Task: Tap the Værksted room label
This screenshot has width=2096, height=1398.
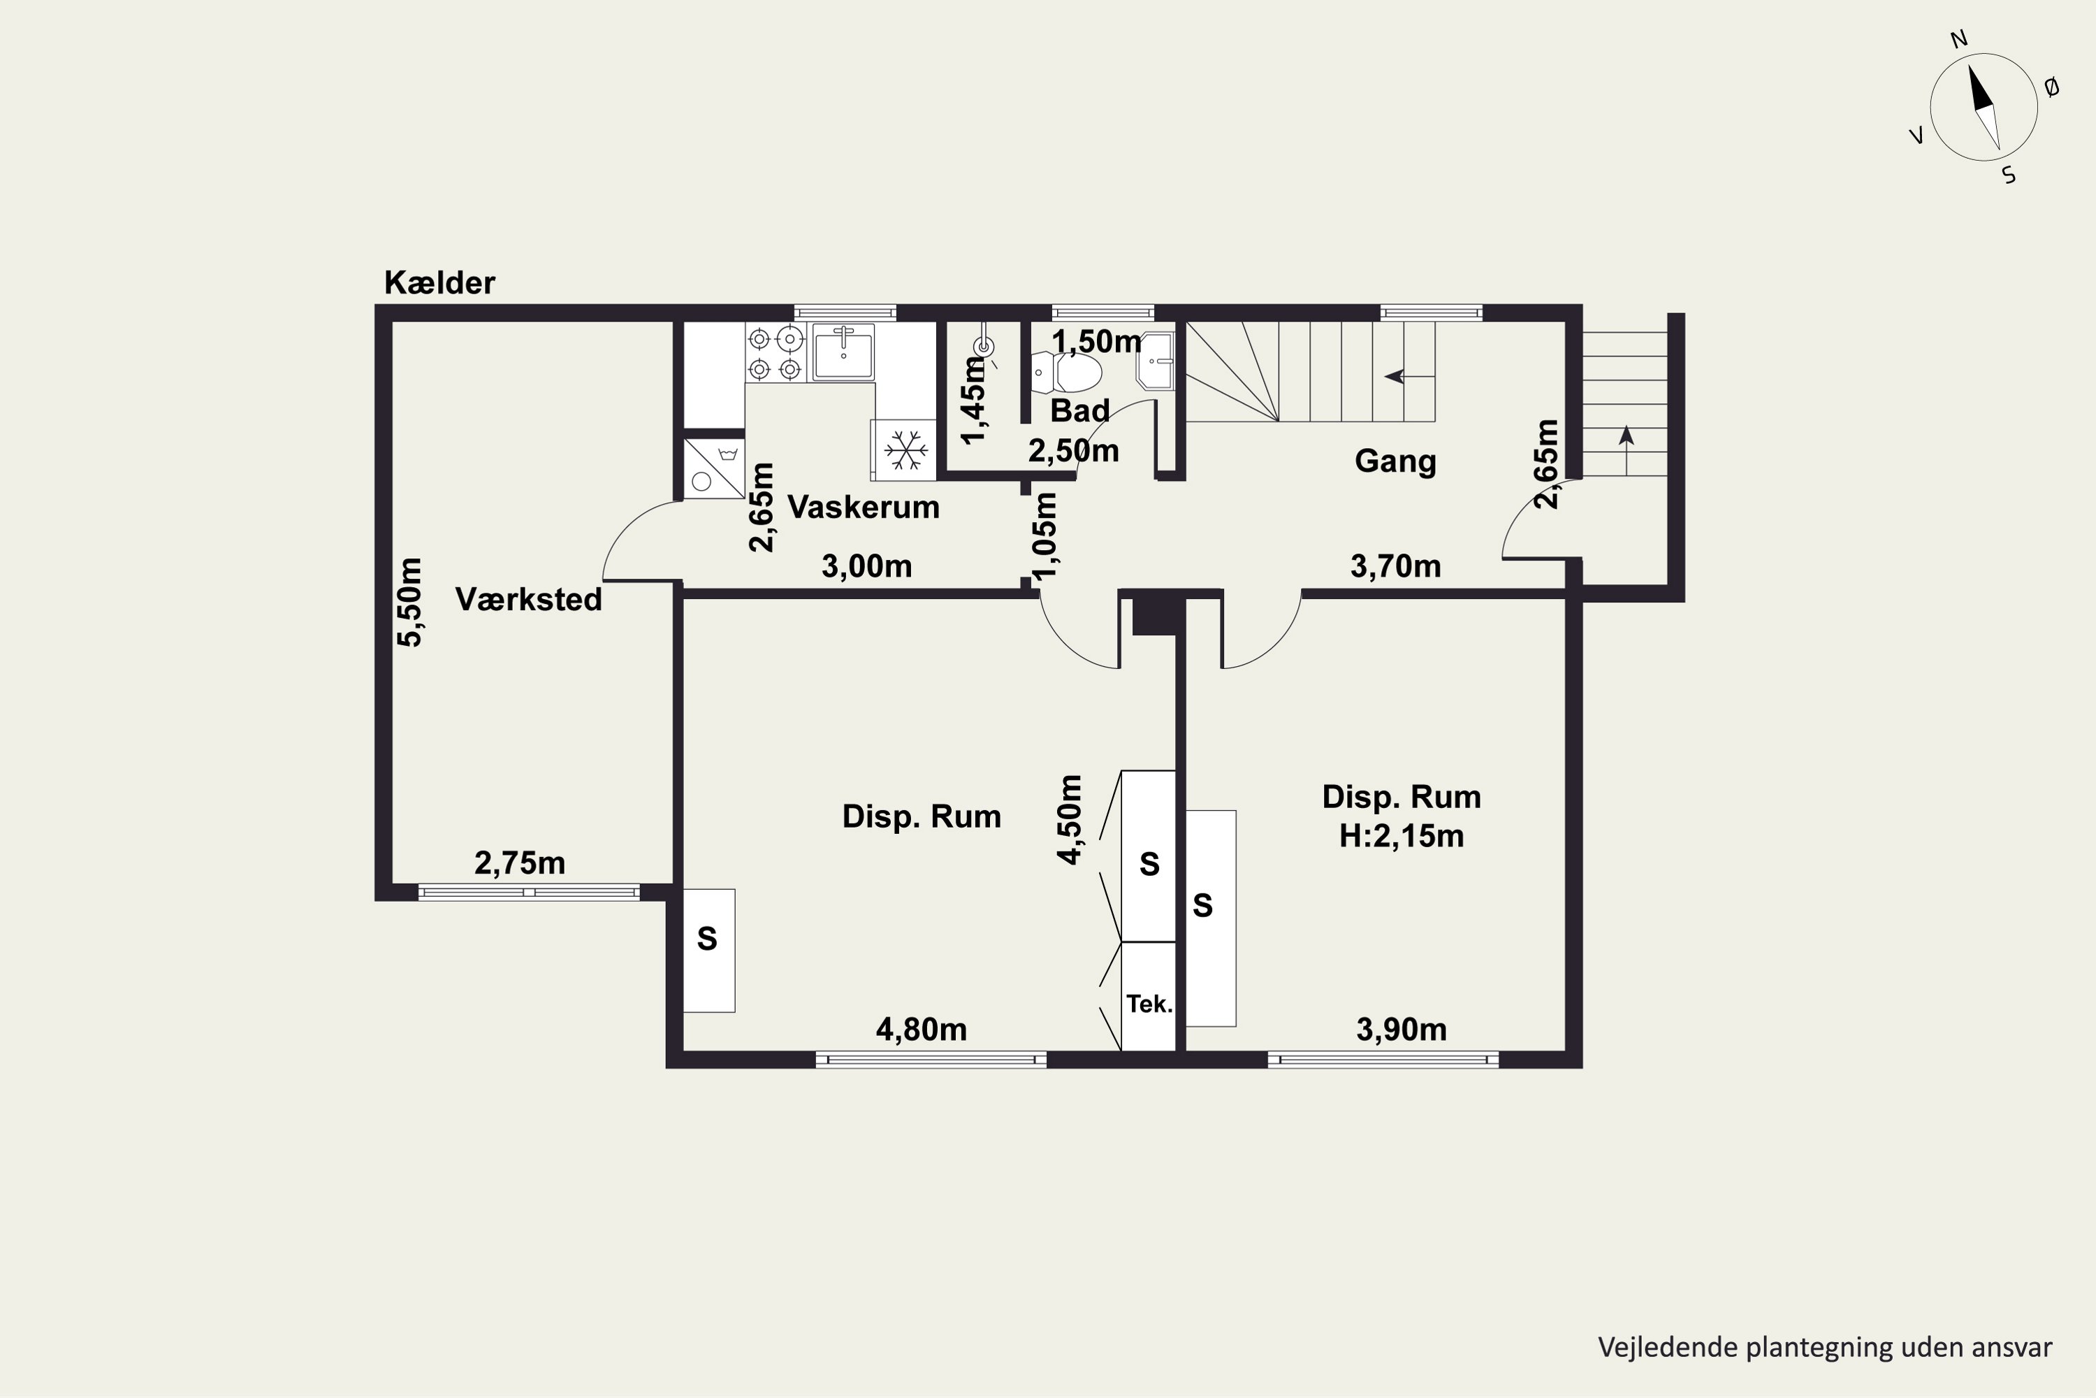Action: [528, 599]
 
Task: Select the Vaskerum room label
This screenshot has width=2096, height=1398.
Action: [864, 507]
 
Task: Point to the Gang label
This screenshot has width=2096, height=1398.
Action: [1395, 462]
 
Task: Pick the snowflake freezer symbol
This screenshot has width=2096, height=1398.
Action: [905, 450]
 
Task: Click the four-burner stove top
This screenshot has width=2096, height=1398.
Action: [776, 353]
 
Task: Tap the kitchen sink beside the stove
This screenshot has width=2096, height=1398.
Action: [842, 352]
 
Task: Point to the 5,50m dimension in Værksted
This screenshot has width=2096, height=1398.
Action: [410, 602]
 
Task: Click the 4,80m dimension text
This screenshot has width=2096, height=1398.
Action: [922, 1030]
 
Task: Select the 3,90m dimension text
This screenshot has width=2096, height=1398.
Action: [1402, 1030]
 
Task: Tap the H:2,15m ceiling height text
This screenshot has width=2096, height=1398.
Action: [1402, 835]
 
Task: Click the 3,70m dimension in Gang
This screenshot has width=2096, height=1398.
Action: [1395, 566]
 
